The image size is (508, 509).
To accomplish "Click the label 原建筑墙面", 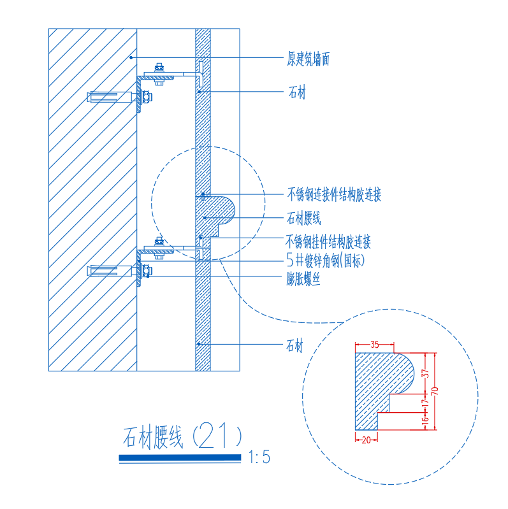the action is click(308, 59).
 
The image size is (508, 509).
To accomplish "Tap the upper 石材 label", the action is click(297, 92).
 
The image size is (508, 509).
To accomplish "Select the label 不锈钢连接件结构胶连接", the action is click(334, 194).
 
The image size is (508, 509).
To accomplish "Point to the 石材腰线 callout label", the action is click(304, 218).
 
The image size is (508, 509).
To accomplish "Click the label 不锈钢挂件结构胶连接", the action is click(328, 241).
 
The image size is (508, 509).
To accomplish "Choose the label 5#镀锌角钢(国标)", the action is click(326, 260).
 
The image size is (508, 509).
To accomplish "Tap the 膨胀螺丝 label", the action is click(303, 278).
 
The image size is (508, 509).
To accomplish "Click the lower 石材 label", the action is click(294, 345).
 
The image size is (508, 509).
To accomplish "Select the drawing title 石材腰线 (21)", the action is click(182, 436).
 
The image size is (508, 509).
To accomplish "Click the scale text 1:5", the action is click(259, 457).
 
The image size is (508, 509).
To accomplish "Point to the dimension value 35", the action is click(375, 345).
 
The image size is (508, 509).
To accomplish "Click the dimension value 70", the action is click(435, 391).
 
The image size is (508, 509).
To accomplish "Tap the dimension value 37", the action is click(425, 374).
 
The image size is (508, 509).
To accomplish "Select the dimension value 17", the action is click(425, 403).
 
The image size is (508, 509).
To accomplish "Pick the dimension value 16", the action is click(425, 421).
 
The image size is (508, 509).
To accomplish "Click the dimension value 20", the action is click(366, 440).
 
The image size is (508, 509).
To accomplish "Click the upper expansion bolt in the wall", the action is click(120, 97).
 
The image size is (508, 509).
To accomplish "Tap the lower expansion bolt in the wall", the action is click(120, 270).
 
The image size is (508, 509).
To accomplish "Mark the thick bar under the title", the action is click(180, 457).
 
